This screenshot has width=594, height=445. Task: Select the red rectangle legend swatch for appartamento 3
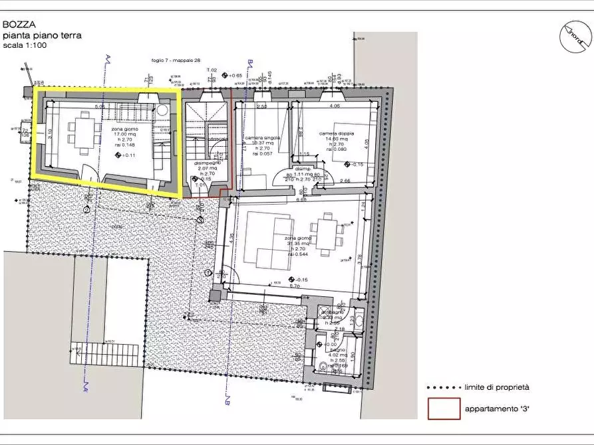tap(443, 408)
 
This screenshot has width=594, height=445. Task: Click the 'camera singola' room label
tap(262, 138)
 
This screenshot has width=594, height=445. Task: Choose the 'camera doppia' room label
tap(336, 133)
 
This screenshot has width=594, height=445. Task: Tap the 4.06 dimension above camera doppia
tap(335, 105)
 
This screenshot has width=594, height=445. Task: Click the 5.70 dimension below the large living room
tap(295, 286)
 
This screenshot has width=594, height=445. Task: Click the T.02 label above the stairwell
tap(212, 70)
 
